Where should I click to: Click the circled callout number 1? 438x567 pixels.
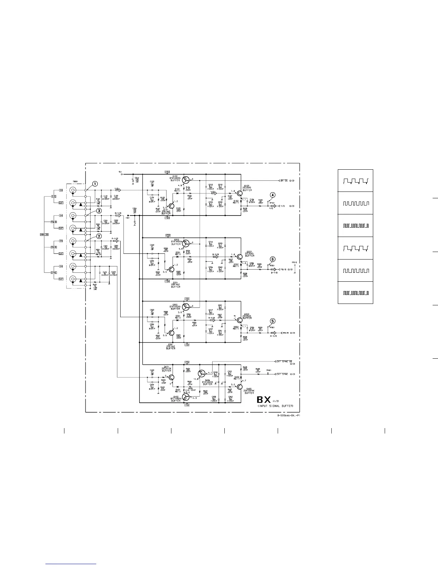[94, 184]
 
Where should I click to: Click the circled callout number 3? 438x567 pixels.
[98, 211]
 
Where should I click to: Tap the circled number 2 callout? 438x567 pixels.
[98, 236]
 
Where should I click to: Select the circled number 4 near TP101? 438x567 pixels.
[273, 195]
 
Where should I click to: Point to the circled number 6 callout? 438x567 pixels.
[273, 259]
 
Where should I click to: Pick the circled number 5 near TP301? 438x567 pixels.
[273, 321]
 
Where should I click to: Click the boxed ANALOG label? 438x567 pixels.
[44, 234]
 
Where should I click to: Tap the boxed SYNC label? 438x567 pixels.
[54, 273]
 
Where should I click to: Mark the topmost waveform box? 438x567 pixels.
[355, 181]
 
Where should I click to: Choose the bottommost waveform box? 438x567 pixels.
[355, 293]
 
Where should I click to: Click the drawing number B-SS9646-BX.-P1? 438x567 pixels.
[288, 416]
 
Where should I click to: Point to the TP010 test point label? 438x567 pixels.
[294, 262]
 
